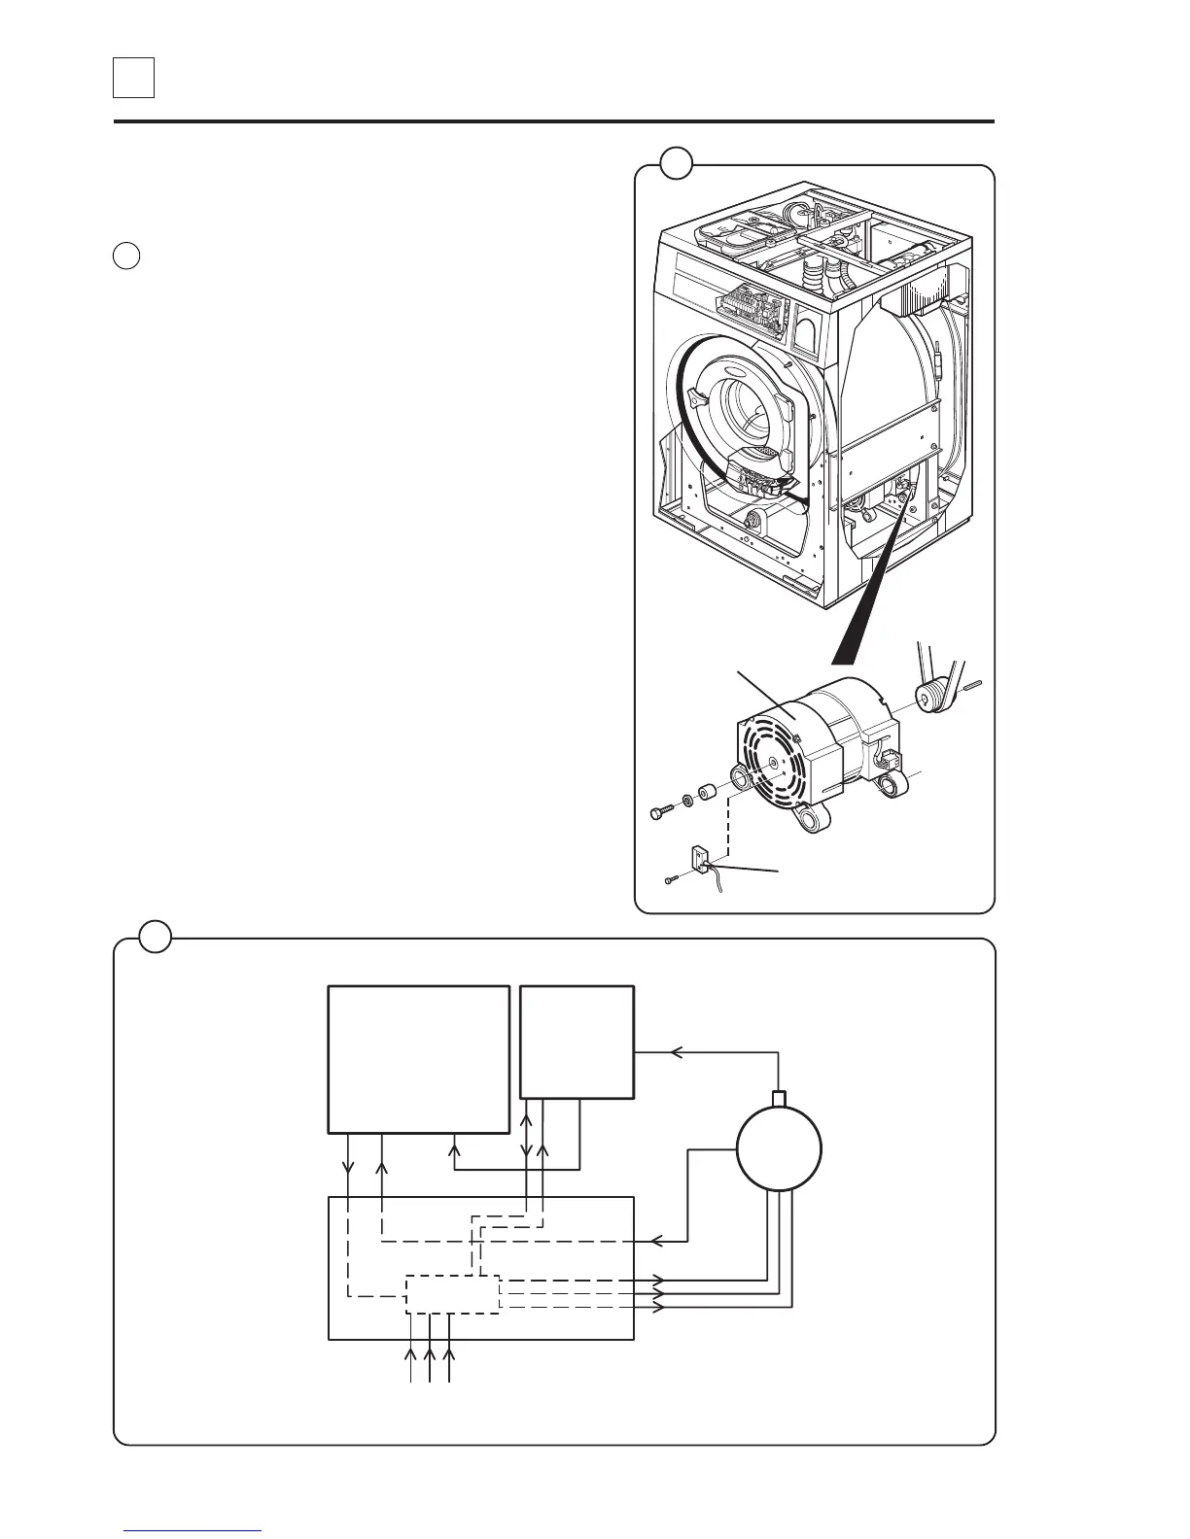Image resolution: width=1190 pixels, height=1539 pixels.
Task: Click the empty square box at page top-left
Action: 134,78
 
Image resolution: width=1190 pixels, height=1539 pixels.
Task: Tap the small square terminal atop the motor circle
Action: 778,1099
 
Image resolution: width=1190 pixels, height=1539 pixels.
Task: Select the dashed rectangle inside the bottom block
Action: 452,1294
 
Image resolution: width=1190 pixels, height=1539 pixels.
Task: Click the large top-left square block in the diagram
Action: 419,1059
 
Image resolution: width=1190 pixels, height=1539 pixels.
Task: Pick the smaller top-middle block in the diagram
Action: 577,1042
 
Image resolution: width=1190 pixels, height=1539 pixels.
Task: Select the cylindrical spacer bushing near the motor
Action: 709,792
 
